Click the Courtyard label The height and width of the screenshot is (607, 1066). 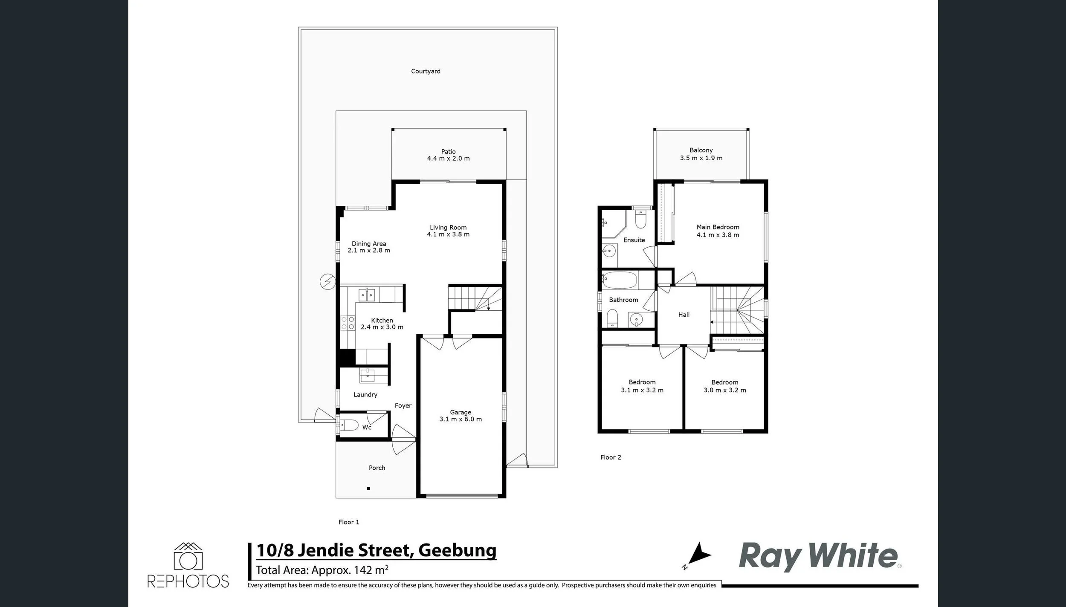coord(426,71)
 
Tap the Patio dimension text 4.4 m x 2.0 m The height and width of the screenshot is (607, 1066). coord(448,159)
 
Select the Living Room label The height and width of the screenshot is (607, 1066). coord(448,227)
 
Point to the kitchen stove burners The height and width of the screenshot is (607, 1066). coord(348,323)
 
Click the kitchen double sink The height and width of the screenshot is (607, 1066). coord(367,295)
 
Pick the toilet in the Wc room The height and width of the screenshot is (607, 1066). coord(348,425)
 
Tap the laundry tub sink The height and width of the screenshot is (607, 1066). coord(367,376)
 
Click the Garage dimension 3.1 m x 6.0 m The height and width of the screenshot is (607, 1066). coord(461,419)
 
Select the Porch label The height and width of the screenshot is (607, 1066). coord(377,468)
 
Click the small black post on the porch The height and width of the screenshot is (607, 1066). coord(368,488)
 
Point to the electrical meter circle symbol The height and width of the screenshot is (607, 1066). coord(327,282)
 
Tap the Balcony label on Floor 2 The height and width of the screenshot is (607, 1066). coord(701,150)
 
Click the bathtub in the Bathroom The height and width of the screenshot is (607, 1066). coord(620,280)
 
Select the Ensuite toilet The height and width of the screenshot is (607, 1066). coord(641,218)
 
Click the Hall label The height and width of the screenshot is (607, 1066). coord(684,315)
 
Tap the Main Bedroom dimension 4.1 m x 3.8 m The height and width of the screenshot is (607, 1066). coord(718,235)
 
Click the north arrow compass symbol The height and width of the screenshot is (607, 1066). coord(698,555)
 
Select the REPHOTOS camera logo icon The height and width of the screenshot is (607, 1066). coord(188,556)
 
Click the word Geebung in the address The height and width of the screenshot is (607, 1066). coord(458,550)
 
